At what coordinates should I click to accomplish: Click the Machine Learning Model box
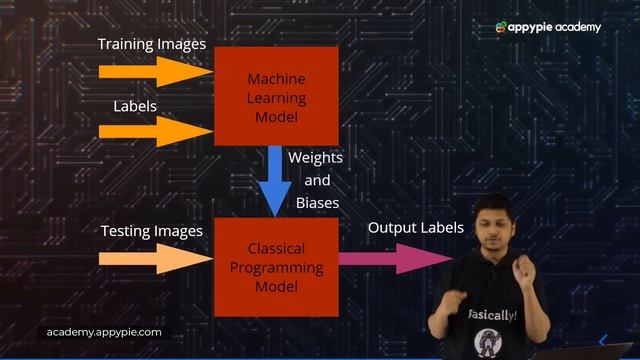tap(276, 96)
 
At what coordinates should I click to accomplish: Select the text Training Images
tap(152, 45)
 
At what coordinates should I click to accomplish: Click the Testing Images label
tap(152, 232)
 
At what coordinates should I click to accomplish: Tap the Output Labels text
tap(416, 228)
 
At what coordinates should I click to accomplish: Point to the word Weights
tap(315, 158)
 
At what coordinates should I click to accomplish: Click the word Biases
tap(317, 202)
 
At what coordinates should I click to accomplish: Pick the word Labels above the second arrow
tap(135, 105)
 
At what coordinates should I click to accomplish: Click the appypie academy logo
tap(549, 27)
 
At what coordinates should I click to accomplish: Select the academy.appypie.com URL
tap(104, 332)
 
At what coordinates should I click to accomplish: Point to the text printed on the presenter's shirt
tap(492, 315)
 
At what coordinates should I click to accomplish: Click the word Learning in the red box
tap(276, 97)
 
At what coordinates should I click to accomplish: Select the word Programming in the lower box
tap(277, 267)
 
